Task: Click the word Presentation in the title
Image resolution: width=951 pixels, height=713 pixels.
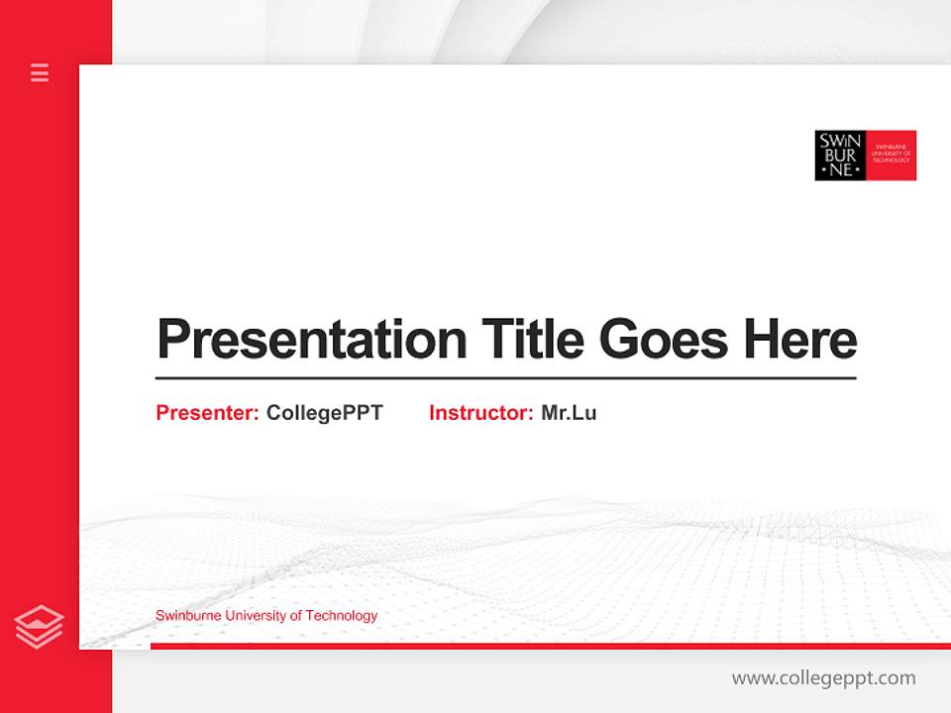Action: coord(311,339)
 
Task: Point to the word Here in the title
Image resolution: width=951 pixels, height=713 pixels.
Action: coord(800,339)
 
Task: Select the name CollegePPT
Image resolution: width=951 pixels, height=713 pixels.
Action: coord(324,413)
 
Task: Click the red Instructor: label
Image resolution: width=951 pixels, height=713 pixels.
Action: coord(480,413)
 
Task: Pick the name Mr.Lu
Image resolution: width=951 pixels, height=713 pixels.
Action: coord(569,413)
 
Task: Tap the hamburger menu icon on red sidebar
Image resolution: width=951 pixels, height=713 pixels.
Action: coord(40,72)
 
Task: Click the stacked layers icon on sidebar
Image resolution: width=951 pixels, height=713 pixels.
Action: coord(39,627)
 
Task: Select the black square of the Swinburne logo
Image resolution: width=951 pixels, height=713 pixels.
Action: coord(840,155)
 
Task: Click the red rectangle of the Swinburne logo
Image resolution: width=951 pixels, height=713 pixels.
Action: coord(892,155)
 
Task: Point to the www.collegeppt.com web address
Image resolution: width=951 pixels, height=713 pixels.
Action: coord(823,678)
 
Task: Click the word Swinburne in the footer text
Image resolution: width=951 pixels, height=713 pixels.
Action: coord(188,616)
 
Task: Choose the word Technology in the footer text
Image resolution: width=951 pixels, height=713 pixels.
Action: coord(342,616)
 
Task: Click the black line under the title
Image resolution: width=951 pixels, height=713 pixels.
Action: coord(505,378)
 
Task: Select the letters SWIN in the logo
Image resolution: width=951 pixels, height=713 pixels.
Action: coord(840,141)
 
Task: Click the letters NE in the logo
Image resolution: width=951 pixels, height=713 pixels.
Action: coord(840,169)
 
